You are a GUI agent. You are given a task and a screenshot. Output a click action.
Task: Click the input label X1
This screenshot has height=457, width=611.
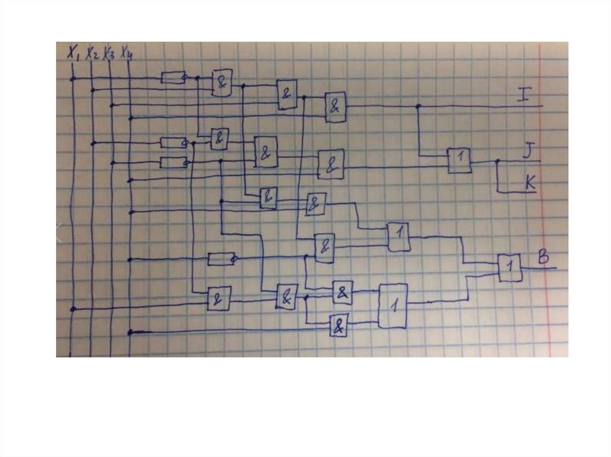(x=73, y=54)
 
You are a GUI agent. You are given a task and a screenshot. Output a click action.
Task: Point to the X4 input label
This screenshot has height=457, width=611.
(x=126, y=54)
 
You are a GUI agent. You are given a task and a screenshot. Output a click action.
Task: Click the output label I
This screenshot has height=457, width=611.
(x=523, y=94)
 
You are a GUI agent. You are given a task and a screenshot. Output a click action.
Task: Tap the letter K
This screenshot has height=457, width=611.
(x=529, y=182)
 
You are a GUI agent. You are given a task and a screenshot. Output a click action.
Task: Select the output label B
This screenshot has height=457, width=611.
(x=543, y=257)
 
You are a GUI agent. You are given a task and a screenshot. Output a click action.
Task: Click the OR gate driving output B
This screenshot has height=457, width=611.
(x=510, y=268)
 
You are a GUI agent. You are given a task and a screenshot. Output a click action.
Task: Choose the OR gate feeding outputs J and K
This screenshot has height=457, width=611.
(x=459, y=160)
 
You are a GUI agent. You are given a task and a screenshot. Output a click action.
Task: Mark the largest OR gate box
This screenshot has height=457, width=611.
(x=393, y=306)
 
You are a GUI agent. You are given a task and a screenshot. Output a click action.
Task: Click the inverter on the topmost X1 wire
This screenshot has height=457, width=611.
(x=173, y=77)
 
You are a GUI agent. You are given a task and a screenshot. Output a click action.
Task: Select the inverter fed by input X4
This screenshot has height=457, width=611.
(x=221, y=259)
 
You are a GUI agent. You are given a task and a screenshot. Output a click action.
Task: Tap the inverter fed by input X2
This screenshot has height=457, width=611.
(x=173, y=143)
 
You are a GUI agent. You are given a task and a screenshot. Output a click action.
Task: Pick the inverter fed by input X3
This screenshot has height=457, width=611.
(x=173, y=163)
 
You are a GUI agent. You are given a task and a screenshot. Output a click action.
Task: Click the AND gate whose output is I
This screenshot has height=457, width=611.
(x=335, y=107)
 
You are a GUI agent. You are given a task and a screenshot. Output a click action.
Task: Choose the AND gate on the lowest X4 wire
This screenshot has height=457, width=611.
(x=340, y=326)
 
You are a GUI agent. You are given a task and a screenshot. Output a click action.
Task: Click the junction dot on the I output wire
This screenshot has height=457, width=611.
(x=418, y=106)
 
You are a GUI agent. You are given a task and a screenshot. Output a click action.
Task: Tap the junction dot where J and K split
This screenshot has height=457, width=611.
(x=497, y=161)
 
